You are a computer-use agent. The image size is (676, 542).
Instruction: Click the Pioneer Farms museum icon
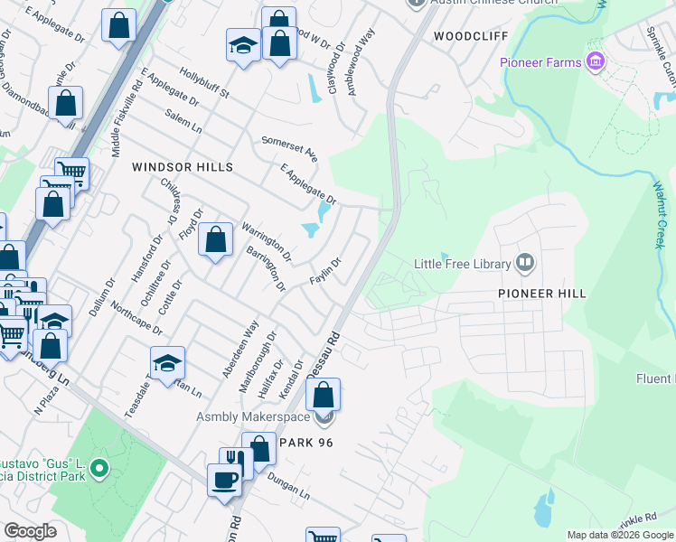pos(595,62)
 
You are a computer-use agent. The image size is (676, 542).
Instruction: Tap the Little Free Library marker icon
pos(525,264)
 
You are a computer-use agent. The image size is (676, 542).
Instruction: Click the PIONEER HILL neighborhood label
pos(542,294)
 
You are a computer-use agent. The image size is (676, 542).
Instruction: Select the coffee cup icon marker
pos(223,478)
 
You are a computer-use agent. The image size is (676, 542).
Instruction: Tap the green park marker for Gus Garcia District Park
pos(99,469)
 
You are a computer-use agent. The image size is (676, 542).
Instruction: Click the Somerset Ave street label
pos(290,148)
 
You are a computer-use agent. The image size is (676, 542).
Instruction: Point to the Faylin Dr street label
pos(324,270)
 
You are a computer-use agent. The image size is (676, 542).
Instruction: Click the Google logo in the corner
pos(31,531)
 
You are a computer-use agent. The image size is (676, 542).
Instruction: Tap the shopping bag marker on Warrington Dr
pos(215,240)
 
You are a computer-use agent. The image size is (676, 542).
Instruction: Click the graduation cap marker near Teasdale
pos(167,363)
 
